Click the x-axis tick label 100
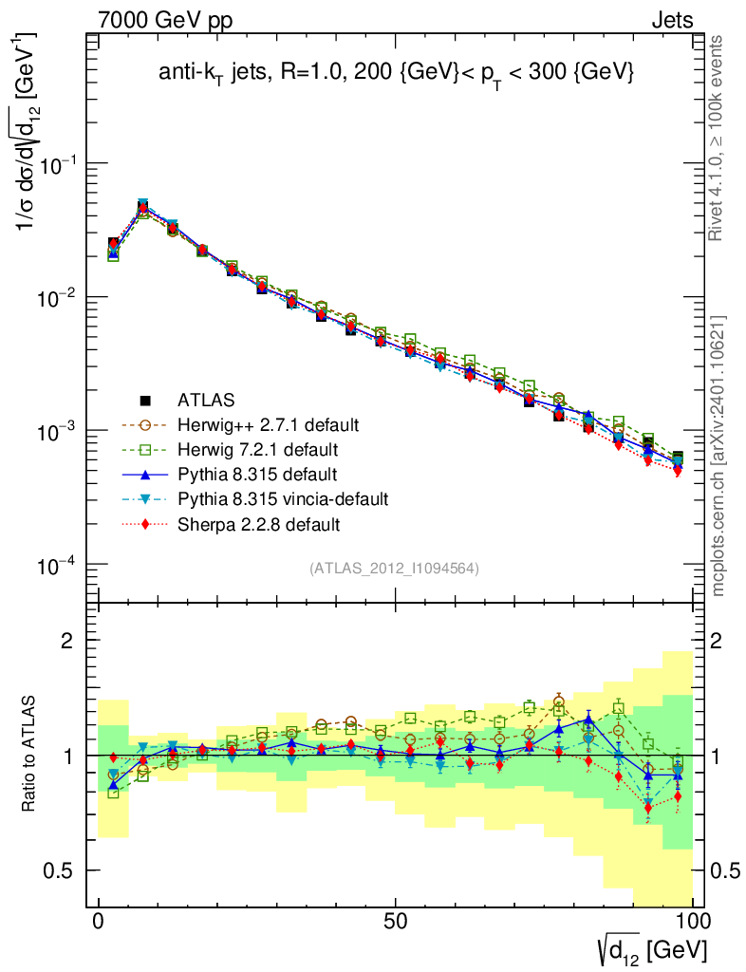692,924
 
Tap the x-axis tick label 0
99,924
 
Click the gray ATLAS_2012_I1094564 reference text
393,569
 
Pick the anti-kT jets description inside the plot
396,73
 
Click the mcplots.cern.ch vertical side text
718,456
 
